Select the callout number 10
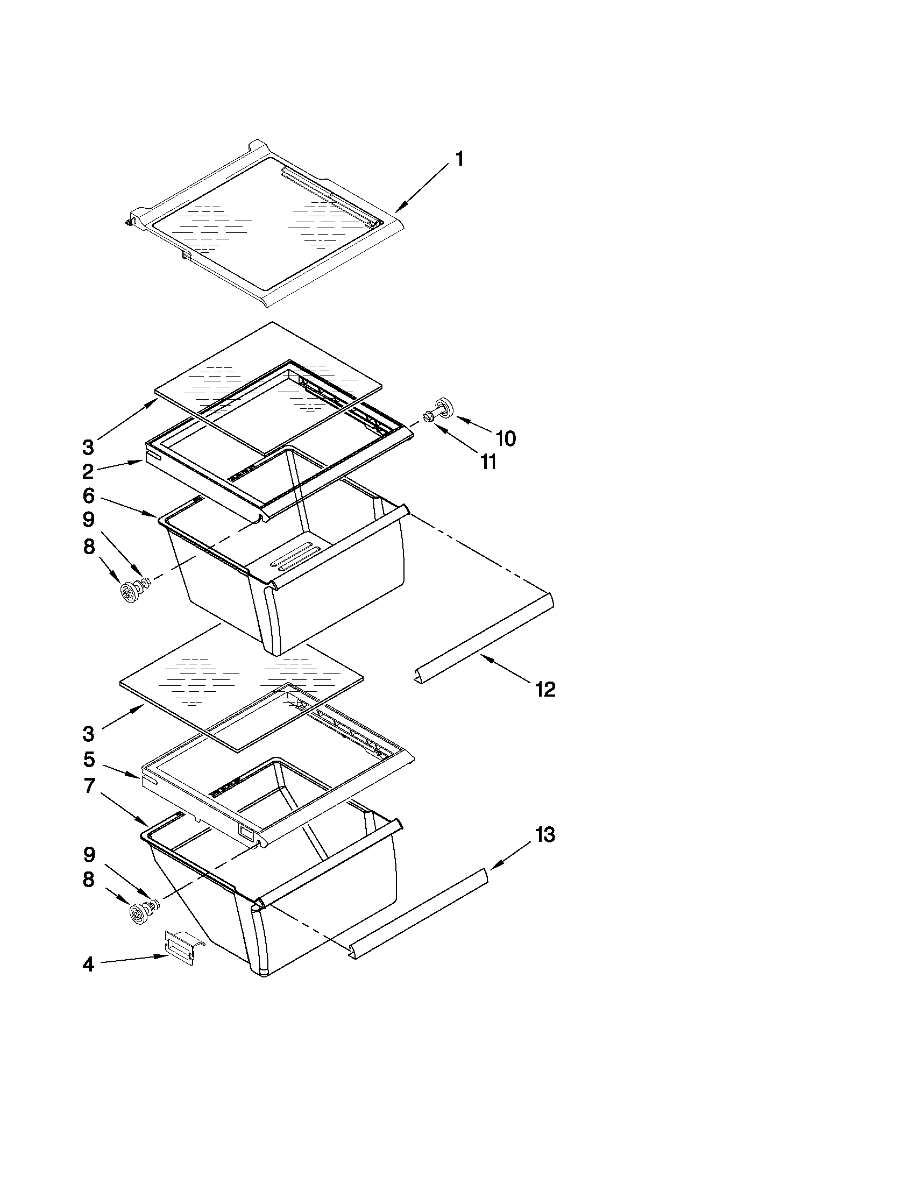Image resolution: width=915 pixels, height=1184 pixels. [505, 438]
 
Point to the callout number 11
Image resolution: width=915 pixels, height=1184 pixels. [488, 462]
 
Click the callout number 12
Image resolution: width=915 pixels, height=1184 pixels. [545, 690]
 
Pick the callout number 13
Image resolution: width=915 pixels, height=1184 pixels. [545, 835]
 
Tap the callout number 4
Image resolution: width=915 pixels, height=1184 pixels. [88, 965]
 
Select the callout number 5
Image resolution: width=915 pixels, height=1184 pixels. [89, 760]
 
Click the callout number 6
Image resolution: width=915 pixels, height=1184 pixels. [89, 495]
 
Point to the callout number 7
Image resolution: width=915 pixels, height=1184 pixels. [89, 785]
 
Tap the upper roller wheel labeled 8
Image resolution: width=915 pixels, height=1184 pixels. [130, 593]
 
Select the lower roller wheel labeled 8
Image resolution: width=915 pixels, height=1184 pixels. [140, 913]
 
